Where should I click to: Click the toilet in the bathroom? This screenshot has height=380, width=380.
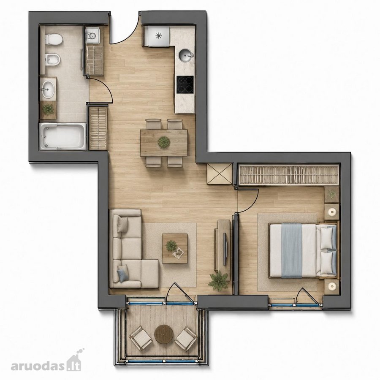tap(53, 39)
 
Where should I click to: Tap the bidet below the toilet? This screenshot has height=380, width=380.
tap(53, 59)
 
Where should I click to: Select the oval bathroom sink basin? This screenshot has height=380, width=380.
tap(48, 89)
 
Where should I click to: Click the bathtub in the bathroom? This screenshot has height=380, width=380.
tap(62, 136)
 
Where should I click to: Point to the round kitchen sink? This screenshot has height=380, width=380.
tap(186, 55)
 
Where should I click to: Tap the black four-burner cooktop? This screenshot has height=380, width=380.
tap(185, 84)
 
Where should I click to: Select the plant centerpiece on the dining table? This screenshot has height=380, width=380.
tap(164, 142)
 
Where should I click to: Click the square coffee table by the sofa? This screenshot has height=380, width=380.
tap(175, 248)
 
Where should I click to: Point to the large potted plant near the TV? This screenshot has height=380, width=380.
tap(219, 280)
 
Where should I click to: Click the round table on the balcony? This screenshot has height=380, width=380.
tap(164, 334)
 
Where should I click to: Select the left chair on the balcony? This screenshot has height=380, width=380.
tap(141, 338)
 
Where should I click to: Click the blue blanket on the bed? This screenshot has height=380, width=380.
tap(292, 250)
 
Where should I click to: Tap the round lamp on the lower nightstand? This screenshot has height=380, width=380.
tap(331, 287)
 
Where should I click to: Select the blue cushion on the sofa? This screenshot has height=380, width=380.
tap(122, 273)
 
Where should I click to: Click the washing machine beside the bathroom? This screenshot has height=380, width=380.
tap(92, 36)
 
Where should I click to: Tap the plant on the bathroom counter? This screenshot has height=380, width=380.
tap(48, 109)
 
